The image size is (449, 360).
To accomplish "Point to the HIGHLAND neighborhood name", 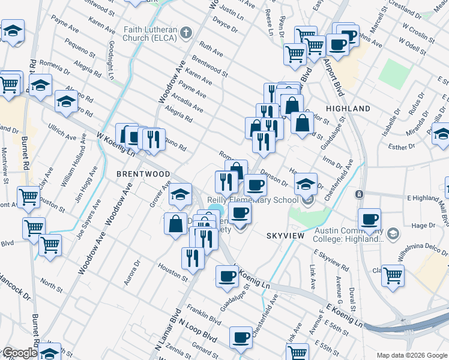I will [348, 109].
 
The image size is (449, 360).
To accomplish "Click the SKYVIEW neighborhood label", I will [288, 236].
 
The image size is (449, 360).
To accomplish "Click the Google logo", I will [19, 353].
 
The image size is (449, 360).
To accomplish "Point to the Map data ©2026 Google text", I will [411, 355].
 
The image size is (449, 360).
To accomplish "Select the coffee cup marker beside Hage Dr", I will [369, 218].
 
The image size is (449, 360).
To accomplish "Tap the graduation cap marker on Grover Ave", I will [180, 193].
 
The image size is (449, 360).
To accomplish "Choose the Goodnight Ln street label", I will [110, 60].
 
